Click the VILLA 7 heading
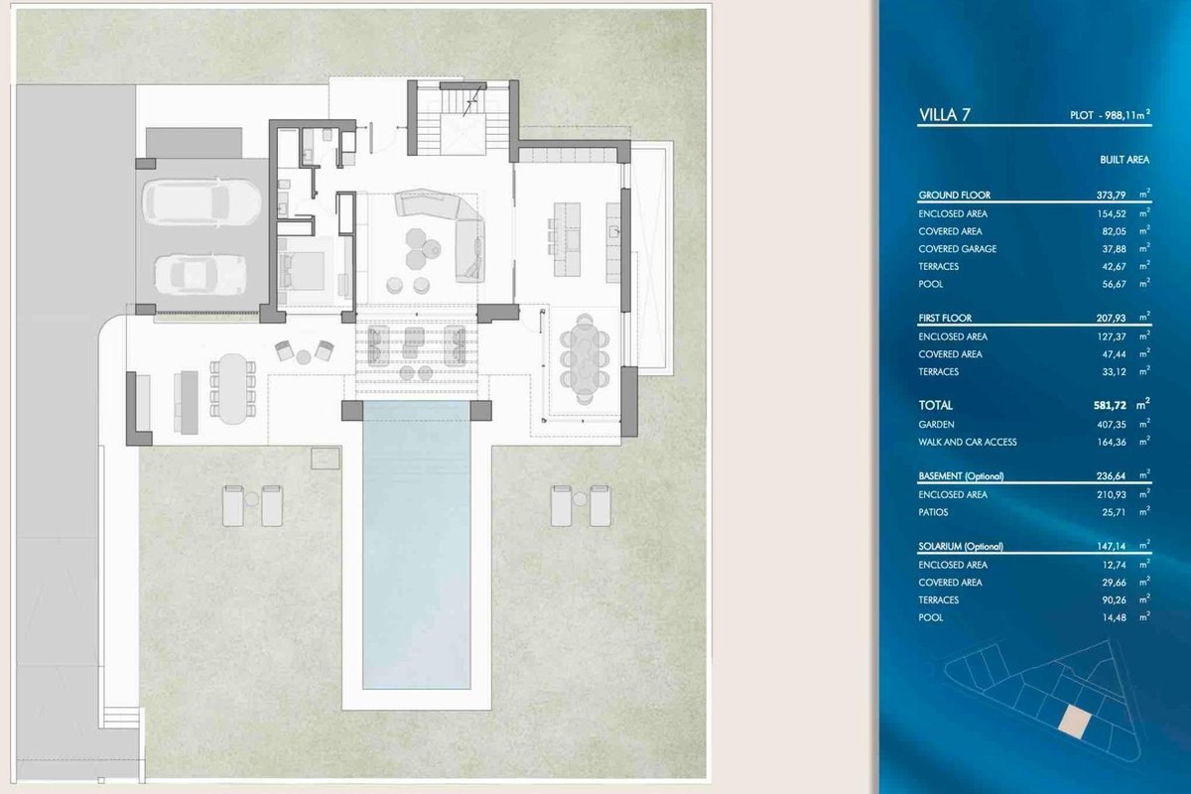click(x=944, y=115)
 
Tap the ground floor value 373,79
click(x=1111, y=196)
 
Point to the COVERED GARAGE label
click(x=957, y=249)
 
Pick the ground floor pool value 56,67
click(x=1114, y=284)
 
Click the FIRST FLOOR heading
click(x=945, y=318)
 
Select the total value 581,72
click(x=1110, y=405)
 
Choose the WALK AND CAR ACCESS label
click(x=967, y=442)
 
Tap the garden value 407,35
click(x=1112, y=425)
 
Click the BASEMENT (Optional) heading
click(x=961, y=476)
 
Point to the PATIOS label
click(x=933, y=512)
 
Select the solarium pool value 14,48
click(x=1114, y=617)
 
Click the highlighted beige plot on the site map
click(x=1075, y=722)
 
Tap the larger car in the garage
click(x=201, y=202)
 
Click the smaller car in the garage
click(x=200, y=274)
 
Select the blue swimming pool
click(x=416, y=545)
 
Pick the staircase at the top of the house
click(x=463, y=121)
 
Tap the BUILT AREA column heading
click(x=1124, y=160)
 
